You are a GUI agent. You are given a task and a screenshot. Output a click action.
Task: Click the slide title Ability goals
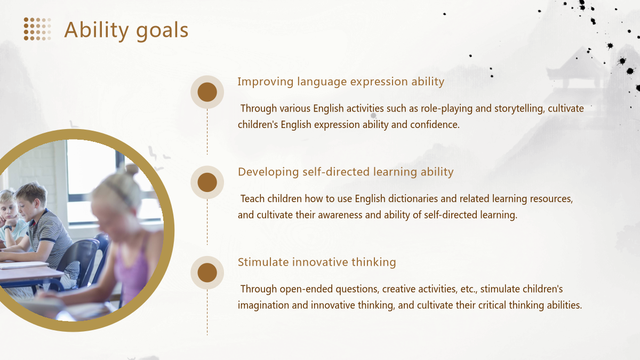(126, 30)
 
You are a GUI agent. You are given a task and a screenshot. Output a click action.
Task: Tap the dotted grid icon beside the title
(37, 29)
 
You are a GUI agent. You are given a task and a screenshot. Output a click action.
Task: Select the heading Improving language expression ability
(341, 82)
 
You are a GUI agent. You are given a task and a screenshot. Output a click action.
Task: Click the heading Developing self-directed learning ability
(346, 172)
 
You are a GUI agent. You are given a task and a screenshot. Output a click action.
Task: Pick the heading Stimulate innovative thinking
(317, 262)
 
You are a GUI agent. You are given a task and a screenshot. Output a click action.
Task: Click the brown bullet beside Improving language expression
(207, 92)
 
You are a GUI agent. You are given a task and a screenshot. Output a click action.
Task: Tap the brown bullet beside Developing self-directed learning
(207, 182)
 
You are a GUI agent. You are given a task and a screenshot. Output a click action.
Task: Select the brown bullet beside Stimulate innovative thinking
(207, 273)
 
